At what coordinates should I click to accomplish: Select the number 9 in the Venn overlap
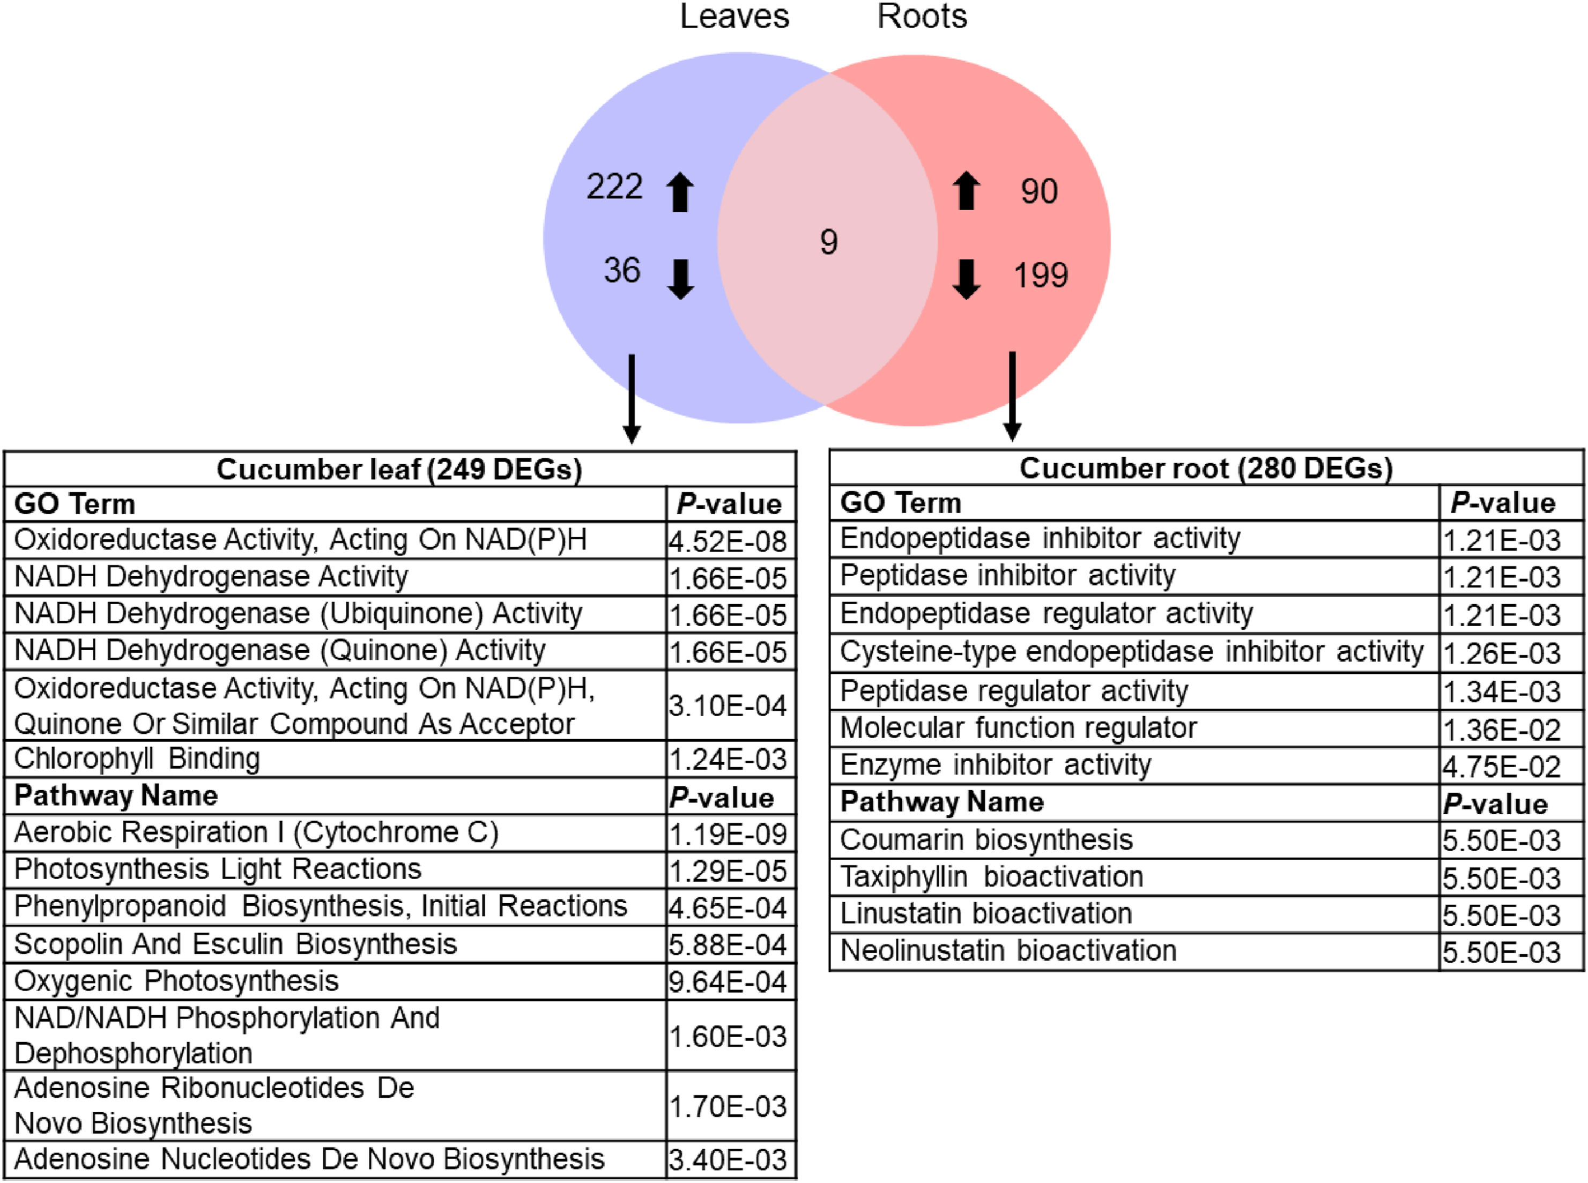click(x=829, y=242)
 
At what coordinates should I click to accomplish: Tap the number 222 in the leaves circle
click(x=614, y=187)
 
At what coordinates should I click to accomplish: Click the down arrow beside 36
click(x=680, y=279)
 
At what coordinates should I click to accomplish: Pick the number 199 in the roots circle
click(x=1041, y=275)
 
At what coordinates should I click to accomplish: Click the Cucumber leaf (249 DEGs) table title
click(x=399, y=469)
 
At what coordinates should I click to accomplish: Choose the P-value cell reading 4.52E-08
click(x=728, y=541)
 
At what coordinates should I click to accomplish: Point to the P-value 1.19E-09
click(x=728, y=834)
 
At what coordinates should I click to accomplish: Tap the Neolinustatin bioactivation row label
click(x=1008, y=950)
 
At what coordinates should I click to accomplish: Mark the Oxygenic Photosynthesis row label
click(x=176, y=980)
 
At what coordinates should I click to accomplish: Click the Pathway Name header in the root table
click(x=941, y=801)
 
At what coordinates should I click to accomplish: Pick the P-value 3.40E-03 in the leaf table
click(x=728, y=1159)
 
